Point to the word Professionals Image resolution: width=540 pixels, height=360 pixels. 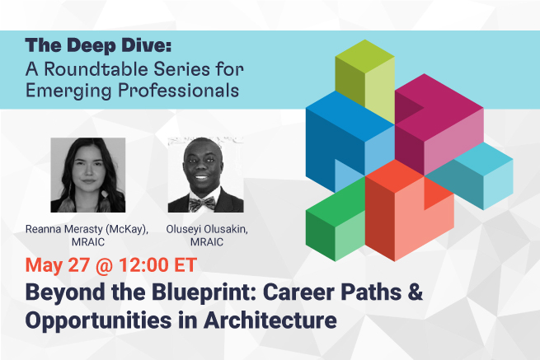[178, 90]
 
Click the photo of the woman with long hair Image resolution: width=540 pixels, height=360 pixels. [88, 175]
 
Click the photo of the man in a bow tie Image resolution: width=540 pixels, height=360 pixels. [205, 175]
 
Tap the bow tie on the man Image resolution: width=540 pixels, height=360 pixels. [202, 204]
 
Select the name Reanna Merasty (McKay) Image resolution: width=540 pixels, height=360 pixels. [87, 229]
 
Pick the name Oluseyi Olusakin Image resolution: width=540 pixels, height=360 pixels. [207, 229]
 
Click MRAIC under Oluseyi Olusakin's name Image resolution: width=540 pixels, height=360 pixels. [207, 242]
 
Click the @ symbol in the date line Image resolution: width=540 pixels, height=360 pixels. [104, 265]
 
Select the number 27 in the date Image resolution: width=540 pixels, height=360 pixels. [79, 264]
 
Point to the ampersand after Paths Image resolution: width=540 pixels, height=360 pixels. [416, 292]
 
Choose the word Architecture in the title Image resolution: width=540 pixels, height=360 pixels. [270, 320]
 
